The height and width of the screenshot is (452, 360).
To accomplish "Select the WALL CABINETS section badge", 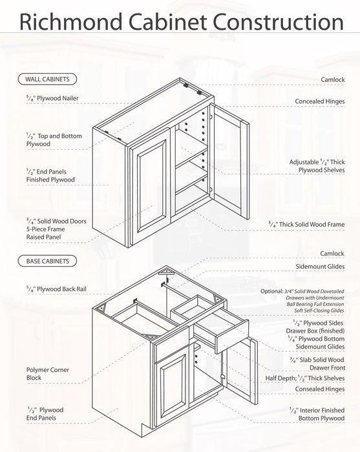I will coord(47,79).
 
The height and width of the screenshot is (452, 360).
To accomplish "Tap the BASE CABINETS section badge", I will coord(47,262).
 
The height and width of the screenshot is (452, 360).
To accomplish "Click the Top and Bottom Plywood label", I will coord(45,139).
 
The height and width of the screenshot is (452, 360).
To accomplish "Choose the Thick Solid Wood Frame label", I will coord(306,225).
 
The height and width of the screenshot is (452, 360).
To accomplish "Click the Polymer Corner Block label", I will coord(48,374).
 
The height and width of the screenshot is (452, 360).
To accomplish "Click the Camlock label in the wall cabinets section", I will coord(332,79).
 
